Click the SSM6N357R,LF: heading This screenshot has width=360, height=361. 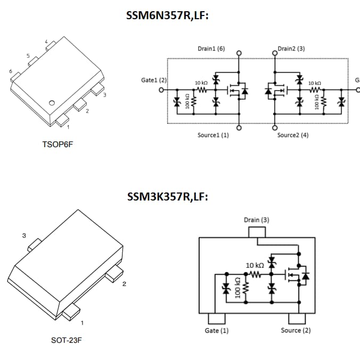[x=167, y=16]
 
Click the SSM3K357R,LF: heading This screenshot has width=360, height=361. [x=167, y=197]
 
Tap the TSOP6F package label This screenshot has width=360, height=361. [x=58, y=145]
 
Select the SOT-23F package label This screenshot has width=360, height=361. [x=67, y=340]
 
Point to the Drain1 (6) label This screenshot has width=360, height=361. [x=211, y=49]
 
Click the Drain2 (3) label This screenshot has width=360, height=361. [x=291, y=49]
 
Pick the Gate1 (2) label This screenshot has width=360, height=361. [x=154, y=80]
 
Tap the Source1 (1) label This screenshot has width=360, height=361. [x=213, y=135]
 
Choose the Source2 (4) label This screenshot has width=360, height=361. [x=292, y=135]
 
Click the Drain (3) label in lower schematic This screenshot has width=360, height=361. [x=257, y=220]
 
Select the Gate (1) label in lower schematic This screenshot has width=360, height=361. [x=217, y=331]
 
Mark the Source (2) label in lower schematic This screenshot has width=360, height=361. [x=296, y=331]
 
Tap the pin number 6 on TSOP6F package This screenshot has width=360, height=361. [x=10, y=71]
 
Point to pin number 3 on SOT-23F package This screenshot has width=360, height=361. [x=23, y=235]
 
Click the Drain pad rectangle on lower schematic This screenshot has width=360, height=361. [x=257, y=232]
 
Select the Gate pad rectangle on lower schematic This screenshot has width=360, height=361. [x=216, y=318]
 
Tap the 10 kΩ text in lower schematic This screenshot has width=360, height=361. [x=255, y=266]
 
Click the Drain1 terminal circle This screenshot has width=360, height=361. [x=239, y=53]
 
